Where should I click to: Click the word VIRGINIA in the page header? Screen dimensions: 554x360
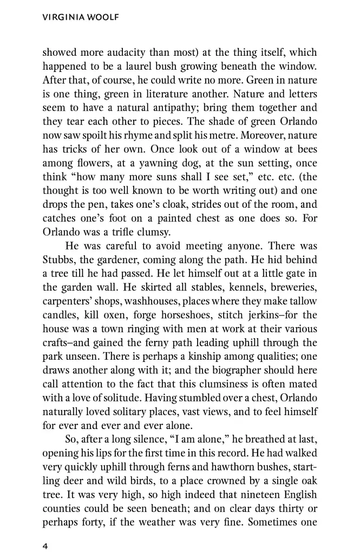[61, 18]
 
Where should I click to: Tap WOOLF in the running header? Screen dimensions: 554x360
[101, 18]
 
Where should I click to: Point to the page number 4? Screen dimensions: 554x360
[45, 531]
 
